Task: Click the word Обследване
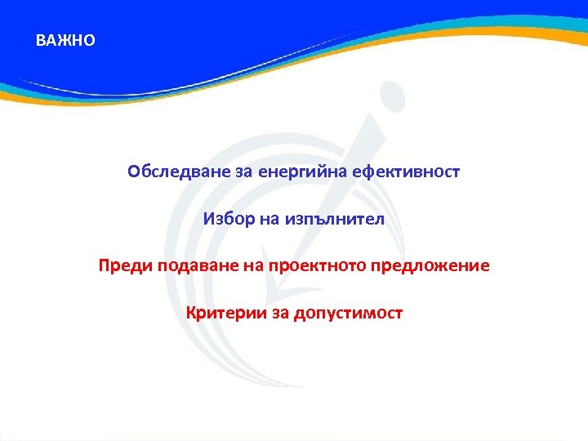coord(168,172)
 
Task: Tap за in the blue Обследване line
coord(221,172)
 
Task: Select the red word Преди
coord(121,266)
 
